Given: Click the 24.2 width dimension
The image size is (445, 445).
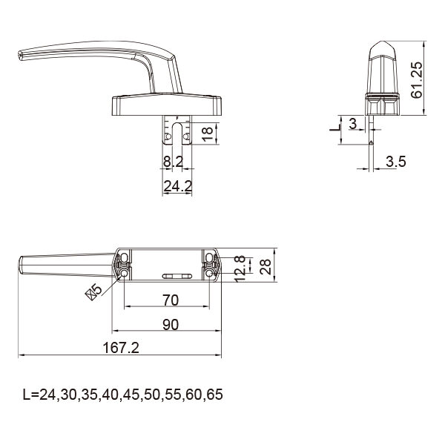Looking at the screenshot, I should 177,186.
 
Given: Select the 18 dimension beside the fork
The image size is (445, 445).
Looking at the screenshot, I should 208,133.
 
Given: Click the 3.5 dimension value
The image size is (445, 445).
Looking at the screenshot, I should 397,162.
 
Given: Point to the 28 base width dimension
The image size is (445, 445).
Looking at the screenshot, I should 265,266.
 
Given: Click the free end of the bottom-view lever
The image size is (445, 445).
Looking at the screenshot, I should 21,265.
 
